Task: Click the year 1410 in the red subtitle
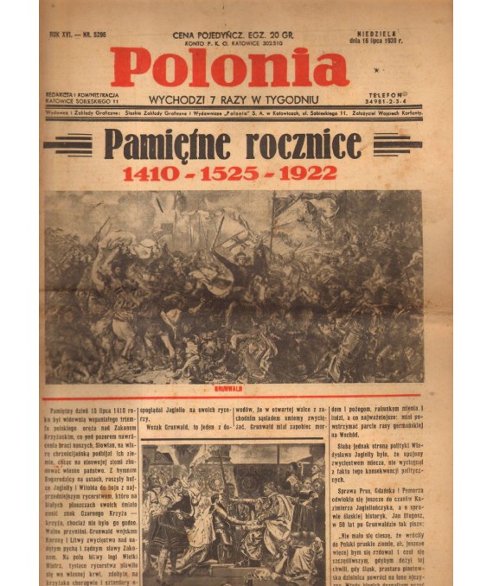click(150, 173)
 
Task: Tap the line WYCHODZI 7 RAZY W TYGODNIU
click(234, 99)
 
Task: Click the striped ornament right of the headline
click(397, 144)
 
